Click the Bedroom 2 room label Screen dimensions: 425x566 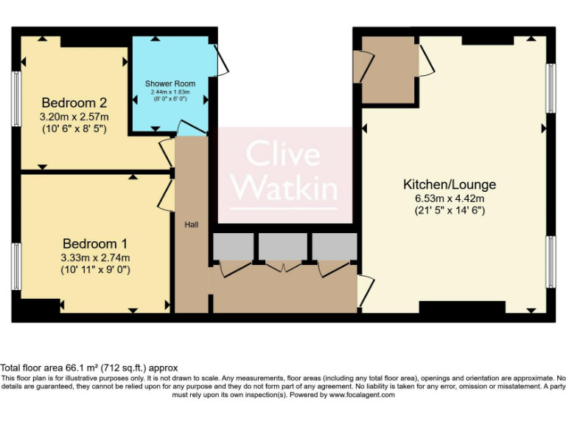point(74,103)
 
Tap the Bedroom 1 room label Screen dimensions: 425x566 point(95,243)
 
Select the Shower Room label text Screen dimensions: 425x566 point(170,83)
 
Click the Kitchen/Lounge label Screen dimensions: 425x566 point(449,184)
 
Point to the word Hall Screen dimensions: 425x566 point(191,224)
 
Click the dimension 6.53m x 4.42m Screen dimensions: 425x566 point(449,198)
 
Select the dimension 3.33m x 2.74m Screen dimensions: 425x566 point(95,258)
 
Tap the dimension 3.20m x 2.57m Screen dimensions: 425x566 point(74,117)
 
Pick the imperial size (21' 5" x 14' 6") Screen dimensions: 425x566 point(449,210)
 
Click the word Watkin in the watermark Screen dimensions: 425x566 point(284,187)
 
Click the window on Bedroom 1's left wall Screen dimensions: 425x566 point(15,266)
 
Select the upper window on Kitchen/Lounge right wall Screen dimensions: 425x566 point(550,88)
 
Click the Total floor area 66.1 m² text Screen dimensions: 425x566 point(88,367)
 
